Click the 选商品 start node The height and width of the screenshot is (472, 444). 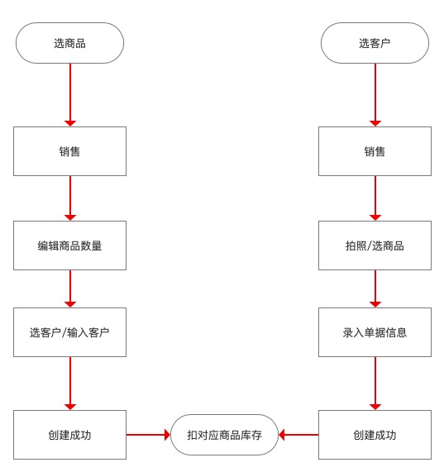click(69, 43)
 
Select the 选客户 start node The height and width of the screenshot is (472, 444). click(375, 43)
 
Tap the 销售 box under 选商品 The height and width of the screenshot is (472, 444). click(69, 151)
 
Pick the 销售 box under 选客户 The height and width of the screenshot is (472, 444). click(375, 151)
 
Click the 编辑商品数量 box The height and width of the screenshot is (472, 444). click(69, 246)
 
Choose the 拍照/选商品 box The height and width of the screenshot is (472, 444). click(375, 246)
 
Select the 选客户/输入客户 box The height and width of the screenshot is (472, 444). click(69, 332)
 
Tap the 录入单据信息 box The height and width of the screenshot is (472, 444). click(375, 332)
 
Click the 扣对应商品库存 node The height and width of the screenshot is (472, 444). click(224, 435)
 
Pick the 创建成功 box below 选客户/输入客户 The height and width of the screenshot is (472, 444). click(69, 435)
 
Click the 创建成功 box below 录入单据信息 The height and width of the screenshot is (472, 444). click(375, 435)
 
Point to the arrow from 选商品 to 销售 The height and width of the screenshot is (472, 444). click(70, 95)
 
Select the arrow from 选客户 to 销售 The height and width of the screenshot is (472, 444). click(375, 95)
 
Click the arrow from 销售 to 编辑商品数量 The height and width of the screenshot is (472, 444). click(70, 198)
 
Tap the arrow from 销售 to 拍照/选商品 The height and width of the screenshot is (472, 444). click(375, 198)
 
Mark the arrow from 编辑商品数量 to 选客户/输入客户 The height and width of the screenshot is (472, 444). click(70, 288)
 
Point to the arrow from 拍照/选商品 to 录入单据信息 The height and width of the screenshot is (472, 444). click(375, 288)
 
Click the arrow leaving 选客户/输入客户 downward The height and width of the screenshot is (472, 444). click(70, 384)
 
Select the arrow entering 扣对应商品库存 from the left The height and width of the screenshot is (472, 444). click(148, 435)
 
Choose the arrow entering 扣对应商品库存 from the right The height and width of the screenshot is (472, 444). click(298, 435)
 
